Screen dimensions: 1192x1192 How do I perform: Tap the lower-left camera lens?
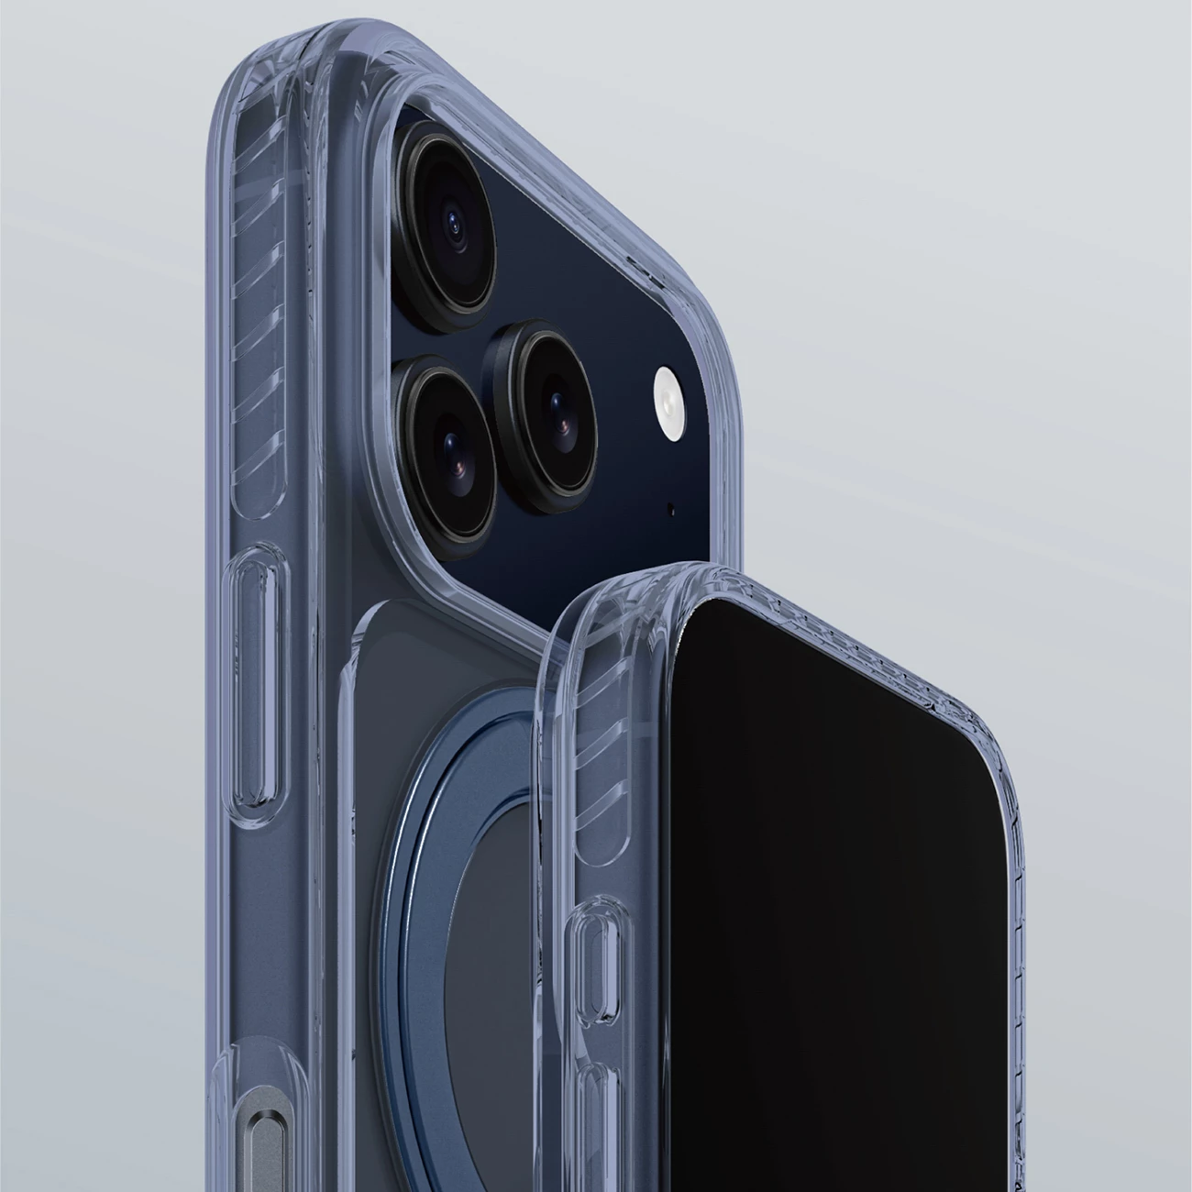[448, 440]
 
